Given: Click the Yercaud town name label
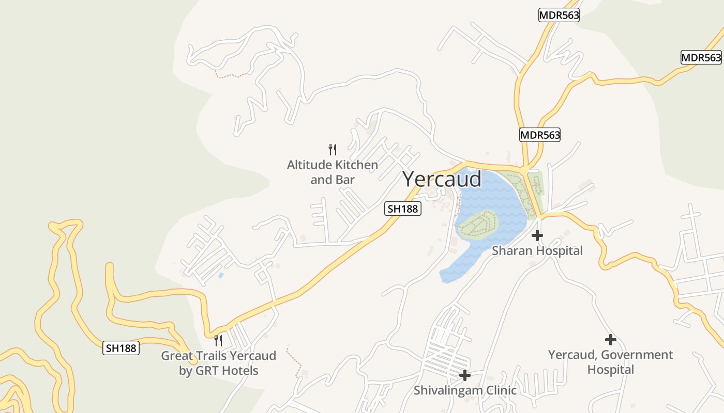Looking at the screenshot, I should click(x=442, y=180).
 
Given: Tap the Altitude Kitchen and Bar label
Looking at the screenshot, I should click(x=333, y=172).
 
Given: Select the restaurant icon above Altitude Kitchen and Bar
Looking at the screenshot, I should click(x=333, y=150).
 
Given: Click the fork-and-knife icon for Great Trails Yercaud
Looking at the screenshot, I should click(x=218, y=340).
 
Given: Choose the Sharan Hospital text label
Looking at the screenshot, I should click(x=537, y=251).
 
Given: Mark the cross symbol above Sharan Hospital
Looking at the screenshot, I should click(x=537, y=235).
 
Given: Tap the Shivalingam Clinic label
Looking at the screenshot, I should click(x=464, y=390).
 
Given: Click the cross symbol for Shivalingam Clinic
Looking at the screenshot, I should click(x=465, y=375).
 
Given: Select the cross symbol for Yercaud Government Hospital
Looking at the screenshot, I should click(x=611, y=340).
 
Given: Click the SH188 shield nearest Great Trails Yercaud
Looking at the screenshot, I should click(x=121, y=348).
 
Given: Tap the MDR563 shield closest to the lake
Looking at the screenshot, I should click(x=540, y=135).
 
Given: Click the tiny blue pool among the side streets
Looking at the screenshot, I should click(x=221, y=275).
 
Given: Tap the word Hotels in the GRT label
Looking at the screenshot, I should click(x=239, y=371).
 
